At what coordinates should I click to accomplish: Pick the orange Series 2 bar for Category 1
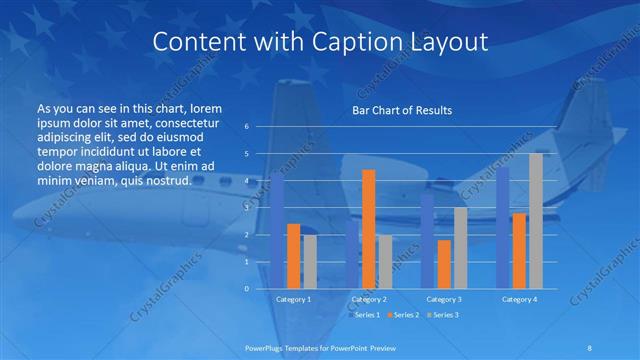coord(293,255)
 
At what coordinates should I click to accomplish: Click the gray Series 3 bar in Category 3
coord(461,247)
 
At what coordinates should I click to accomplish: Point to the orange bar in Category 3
coord(444,263)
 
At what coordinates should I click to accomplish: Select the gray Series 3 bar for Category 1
coord(309,261)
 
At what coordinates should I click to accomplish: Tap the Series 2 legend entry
coord(402,315)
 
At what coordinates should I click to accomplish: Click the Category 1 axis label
coord(293,298)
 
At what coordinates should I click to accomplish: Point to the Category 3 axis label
coord(444,298)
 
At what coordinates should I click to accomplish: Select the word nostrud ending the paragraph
coord(162,179)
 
